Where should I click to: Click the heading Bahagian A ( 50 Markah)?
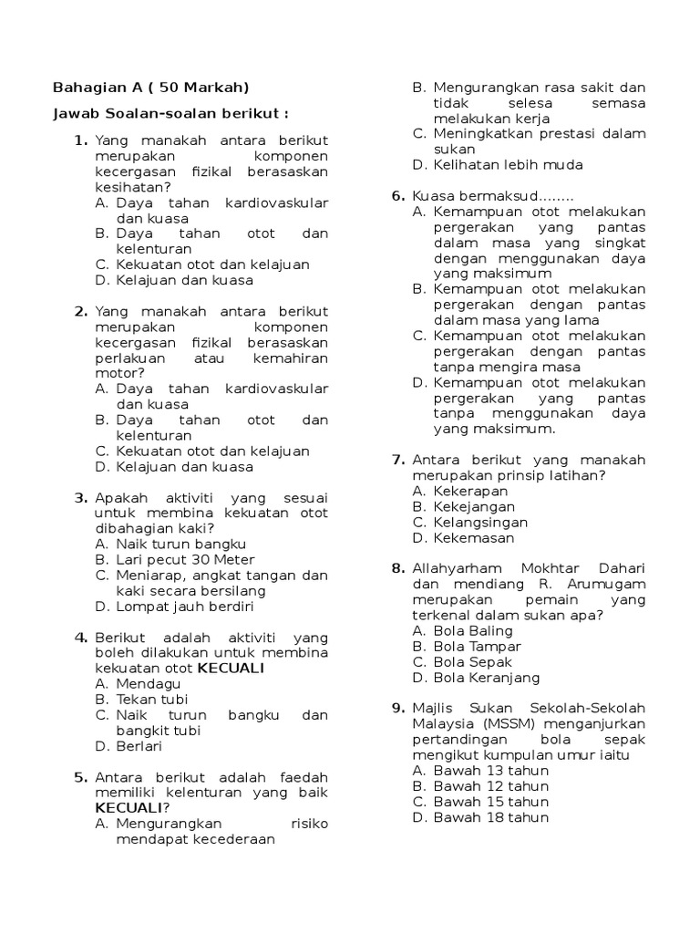point(150,88)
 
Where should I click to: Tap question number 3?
point(80,497)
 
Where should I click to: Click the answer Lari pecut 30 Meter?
point(185,559)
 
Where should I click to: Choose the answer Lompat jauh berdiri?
point(185,606)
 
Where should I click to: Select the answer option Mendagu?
point(149,683)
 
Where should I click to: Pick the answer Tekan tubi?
point(152,699)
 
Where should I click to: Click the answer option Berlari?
point(139,746)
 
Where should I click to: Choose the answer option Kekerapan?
point(468,491)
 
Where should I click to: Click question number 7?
point(398,459)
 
